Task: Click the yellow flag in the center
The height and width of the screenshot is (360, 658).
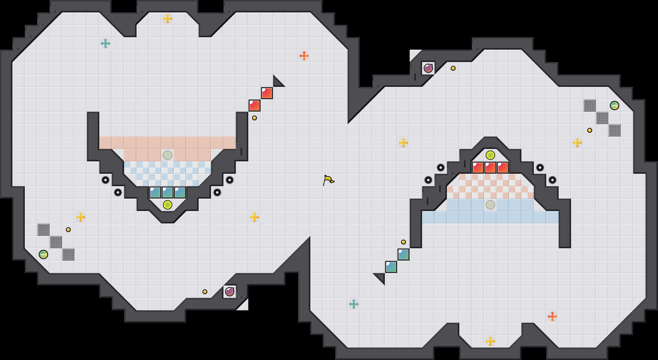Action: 328,180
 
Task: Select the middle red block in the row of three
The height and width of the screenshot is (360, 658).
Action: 490,168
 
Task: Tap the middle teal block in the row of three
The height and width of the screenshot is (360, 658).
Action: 168,192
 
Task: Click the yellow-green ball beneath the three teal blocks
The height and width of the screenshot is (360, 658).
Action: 168,205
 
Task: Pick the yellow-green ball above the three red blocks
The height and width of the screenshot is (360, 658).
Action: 490,155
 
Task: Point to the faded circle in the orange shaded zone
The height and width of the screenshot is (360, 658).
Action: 168,155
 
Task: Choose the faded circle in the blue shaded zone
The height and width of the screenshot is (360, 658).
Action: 490,205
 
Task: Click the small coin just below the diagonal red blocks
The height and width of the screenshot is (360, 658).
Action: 255,118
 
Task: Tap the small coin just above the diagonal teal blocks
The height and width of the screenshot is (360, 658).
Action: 403,242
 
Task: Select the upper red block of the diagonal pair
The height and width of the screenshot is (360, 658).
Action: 267,93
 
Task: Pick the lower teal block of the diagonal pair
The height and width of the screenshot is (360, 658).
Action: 391,267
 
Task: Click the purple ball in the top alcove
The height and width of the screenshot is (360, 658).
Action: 428,68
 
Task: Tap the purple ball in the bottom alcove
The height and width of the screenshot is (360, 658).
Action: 230,292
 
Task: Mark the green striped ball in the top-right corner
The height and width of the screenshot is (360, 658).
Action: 615,106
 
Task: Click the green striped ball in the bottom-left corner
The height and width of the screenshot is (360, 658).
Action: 43,254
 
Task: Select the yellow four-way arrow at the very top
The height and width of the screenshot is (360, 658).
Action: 168,19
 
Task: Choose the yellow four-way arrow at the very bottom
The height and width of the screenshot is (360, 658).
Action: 490,341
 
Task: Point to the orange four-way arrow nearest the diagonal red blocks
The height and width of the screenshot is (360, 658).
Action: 304,56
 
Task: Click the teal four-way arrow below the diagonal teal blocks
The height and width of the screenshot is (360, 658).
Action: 354,304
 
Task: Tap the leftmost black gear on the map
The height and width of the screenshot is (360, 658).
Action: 106,180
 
